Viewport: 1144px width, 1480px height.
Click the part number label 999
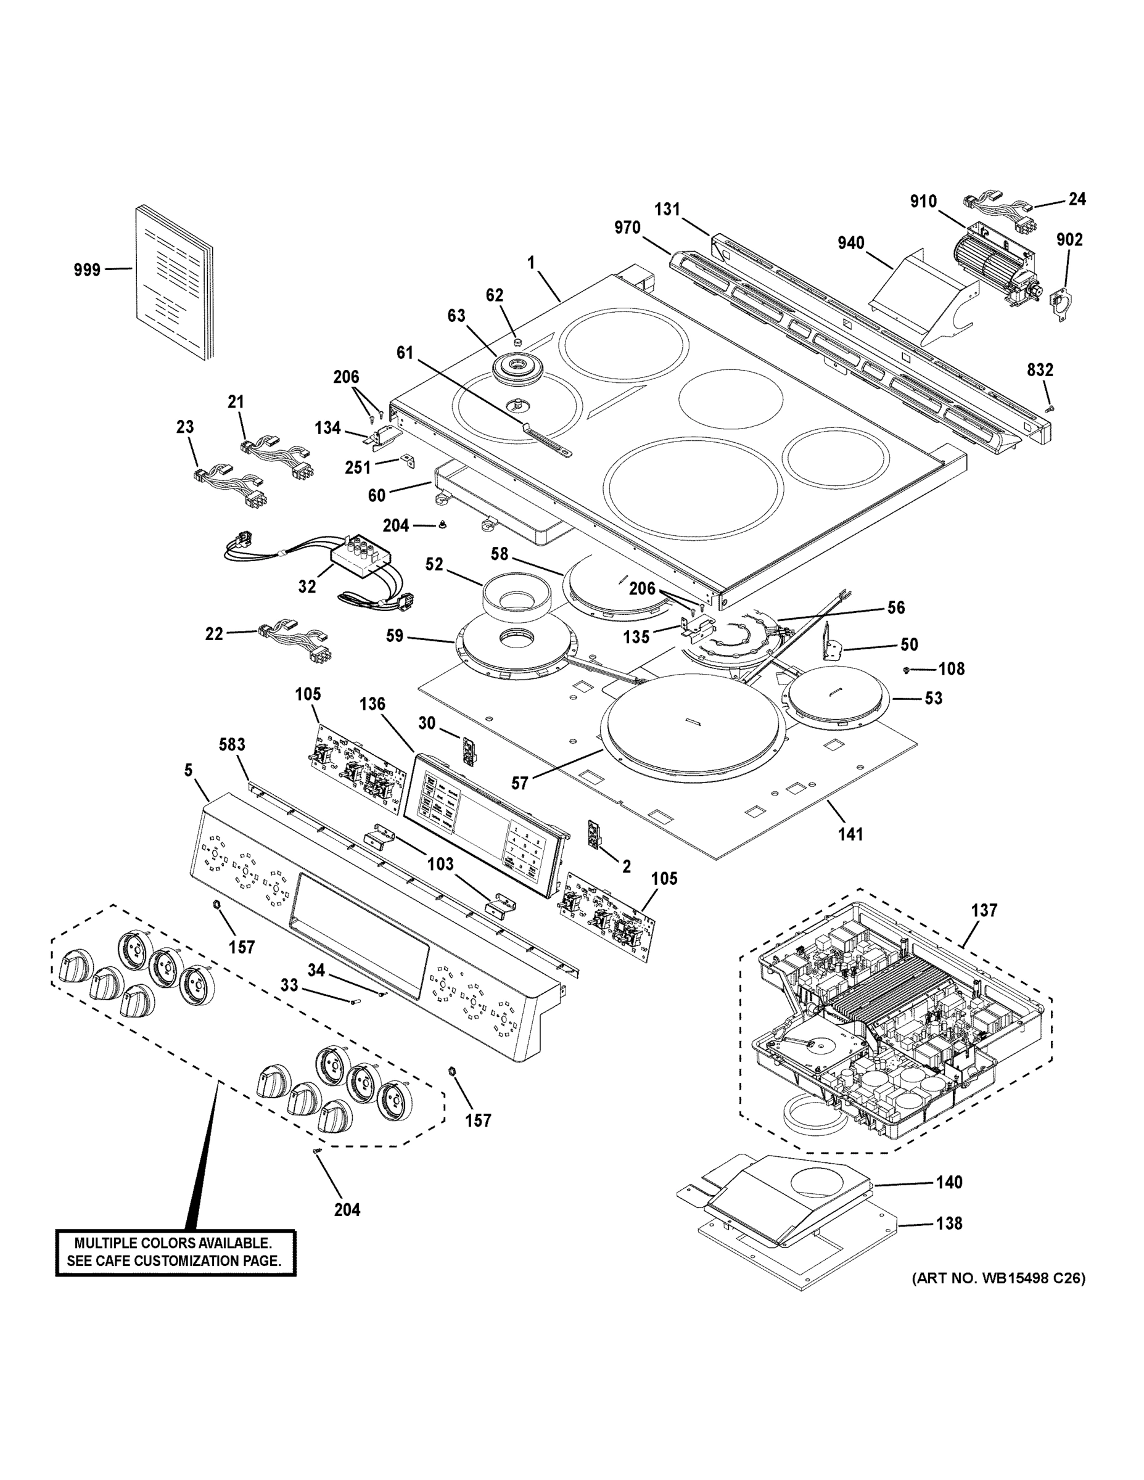click(87, 269)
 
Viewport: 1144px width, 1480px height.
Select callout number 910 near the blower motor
click(923, 201)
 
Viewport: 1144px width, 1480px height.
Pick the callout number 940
click(850, 242)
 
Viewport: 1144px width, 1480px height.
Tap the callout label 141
click(850, 834)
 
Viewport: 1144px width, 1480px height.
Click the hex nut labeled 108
click(907, 670)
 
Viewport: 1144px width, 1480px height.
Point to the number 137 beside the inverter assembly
click(984, 910)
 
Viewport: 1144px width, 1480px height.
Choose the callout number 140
click(949, 1182)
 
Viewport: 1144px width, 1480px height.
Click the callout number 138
click(949, 1223)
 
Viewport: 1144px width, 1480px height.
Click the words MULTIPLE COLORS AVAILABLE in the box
click(173, 1243)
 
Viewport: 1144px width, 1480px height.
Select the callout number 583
click(232, 744)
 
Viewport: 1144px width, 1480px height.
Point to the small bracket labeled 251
click(409, 461)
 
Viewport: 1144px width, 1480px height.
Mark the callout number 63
click(456, 316)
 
